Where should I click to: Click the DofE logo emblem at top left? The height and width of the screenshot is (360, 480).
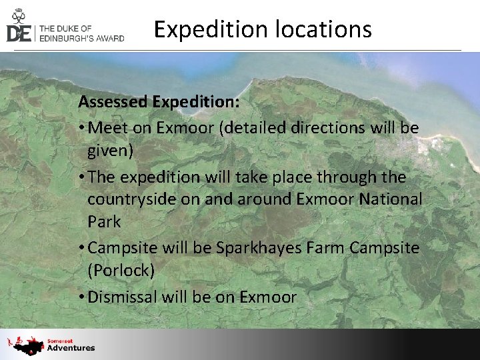tap(19, 25)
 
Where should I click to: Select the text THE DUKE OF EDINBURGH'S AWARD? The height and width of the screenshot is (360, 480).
tap(82, 33)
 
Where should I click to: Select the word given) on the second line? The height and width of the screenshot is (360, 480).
tap(111, 151)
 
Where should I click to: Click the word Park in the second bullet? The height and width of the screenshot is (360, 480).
tap(105, 222)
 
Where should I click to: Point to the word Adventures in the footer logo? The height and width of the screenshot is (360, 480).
tap(71, 348)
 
